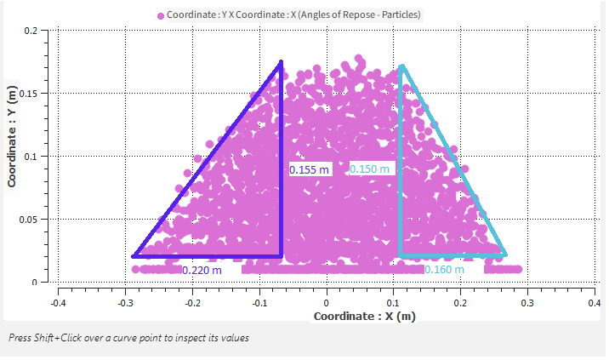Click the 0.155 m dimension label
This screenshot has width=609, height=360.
pos(309,170)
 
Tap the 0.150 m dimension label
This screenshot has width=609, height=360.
pos(370,169)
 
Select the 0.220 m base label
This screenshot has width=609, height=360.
pos(202,271)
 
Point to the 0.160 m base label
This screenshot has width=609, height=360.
pos(444,270)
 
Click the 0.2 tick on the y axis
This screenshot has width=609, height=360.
pos(30,31)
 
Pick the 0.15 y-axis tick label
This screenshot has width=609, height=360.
pos(27,94)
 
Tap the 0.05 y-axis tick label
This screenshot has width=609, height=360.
pos(27,220)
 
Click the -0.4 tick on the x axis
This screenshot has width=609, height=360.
pos(58,302)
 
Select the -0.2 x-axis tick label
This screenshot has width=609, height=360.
pos(192,302)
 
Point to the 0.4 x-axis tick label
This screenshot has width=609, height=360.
pos(594,302)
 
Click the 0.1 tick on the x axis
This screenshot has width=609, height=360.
pos(393,302)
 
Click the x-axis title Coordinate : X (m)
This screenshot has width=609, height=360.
pos(364,317)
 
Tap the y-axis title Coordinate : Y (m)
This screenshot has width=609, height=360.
pos(13,134)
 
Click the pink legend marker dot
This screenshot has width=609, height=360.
pos(160,15)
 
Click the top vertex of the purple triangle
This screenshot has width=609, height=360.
pos(281,62)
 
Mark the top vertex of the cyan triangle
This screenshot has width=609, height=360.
pos(401,66)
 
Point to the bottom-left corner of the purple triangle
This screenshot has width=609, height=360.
pos(134,255)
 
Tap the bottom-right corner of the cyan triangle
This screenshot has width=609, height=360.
pos(505,254)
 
